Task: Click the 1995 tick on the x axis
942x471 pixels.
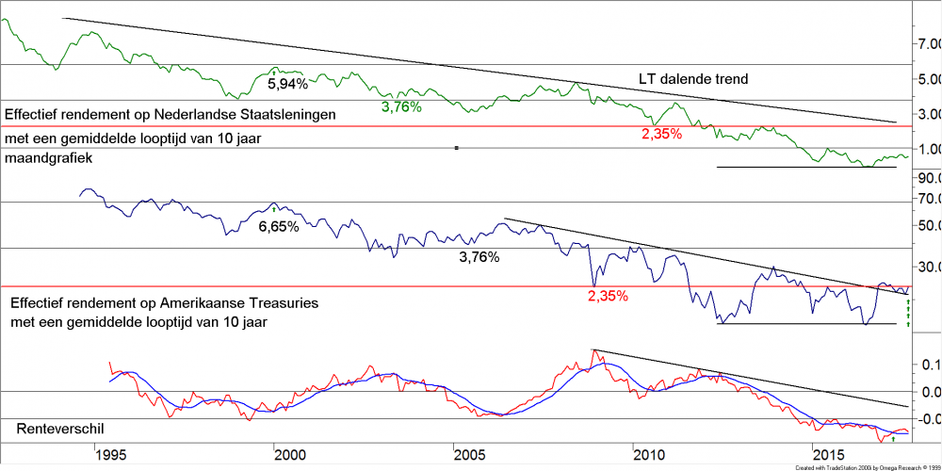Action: click(110, 454)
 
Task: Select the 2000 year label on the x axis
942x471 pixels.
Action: click(290, 454)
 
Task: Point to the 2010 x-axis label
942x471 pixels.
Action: click(651, 454)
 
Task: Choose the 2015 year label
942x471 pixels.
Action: click(831, 454)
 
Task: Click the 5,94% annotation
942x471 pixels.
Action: click(287, 84)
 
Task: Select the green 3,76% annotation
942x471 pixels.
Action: click(400, 106)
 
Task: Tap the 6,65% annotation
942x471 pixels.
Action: click(278, 227)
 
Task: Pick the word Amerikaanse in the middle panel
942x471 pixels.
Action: click(212, 304)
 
